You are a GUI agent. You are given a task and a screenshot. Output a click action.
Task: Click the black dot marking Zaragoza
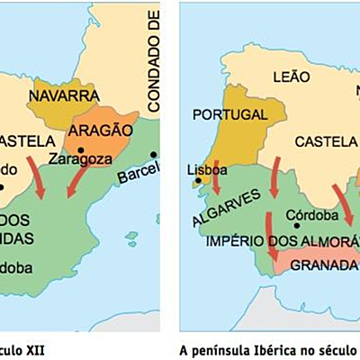81,150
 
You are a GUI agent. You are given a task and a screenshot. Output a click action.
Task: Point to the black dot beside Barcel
155,154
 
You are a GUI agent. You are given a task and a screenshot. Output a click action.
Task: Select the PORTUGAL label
229,115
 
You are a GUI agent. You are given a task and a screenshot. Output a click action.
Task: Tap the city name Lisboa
202,168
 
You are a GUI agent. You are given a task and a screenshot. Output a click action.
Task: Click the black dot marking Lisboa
198,182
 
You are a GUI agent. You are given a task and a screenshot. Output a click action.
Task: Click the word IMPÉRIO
236,241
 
